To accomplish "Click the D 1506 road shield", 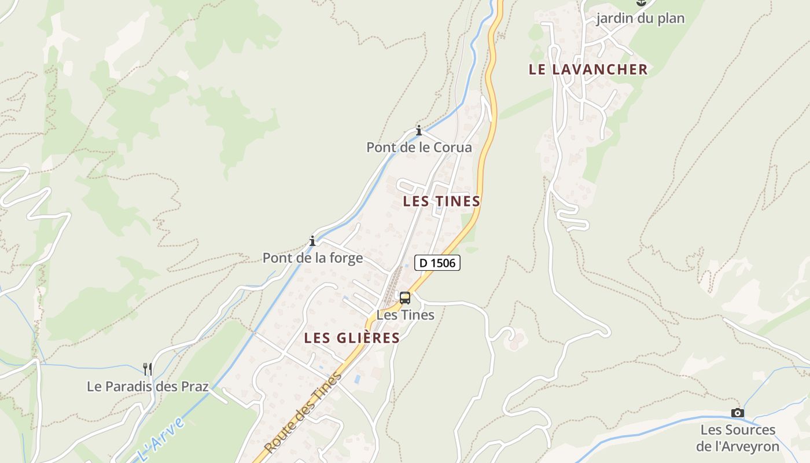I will (x=437, y=263).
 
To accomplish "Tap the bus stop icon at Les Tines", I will (x=405, y=298).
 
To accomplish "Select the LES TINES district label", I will (x=441, y=201).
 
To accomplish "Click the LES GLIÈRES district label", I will (x=352, y=338).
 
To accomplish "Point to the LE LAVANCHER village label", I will (x=588, y=69).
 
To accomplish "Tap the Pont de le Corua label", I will (x=419, y=148).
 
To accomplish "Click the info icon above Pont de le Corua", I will (x=419, y=130).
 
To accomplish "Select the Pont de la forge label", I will (x=313, y=258).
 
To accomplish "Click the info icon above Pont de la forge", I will (x=312, y=241).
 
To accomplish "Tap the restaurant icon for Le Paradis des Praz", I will (x=148, y=368).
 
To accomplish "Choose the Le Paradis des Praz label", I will (x=148, y=386).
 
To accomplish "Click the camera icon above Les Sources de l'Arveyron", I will (x=737, y=413).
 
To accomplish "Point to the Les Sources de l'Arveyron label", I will (x=738, y=438).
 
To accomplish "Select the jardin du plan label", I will (x=640, y=19).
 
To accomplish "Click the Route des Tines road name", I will (x=303, y=413).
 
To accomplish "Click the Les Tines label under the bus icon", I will (x=405, y=315).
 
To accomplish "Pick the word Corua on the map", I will (x=453, y=148).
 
